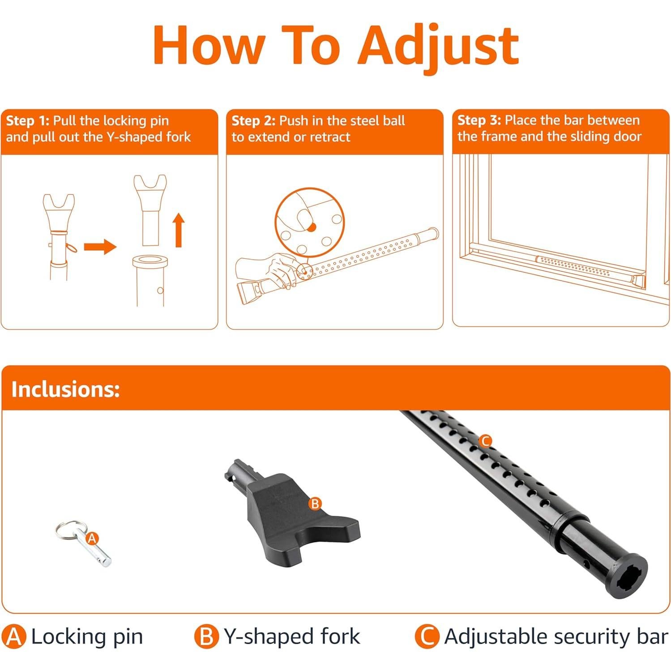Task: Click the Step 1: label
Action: (28, 121)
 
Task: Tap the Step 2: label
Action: (253, 121)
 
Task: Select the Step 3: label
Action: (479, 120)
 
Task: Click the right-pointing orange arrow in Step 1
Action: (100, 246)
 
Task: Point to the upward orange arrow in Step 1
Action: (179, 230)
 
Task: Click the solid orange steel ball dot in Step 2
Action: (312, 227)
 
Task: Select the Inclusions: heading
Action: (65, 389)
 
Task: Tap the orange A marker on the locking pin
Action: (92, 538)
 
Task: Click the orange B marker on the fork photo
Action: (315, 504)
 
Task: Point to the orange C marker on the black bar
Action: (485, 441)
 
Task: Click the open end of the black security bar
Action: (627, 577)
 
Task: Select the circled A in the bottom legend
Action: (14, 637)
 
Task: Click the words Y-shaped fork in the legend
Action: (291, 637)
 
